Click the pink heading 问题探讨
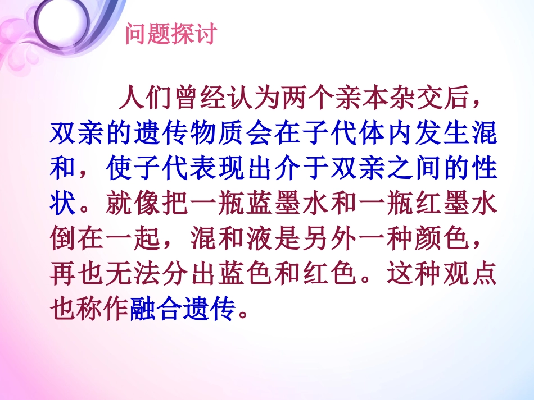tap(170, 35)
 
